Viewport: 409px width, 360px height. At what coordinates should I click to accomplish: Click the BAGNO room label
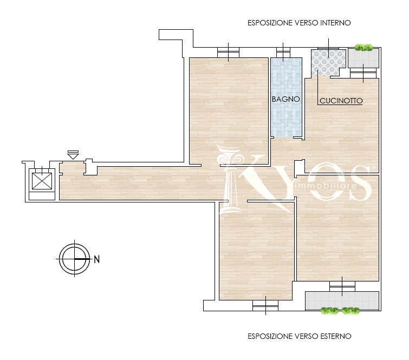285,99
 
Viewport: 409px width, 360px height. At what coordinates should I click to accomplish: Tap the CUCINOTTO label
341,101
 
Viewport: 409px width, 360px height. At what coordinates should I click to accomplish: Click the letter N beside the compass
97,260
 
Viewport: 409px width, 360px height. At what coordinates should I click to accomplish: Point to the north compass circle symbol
74,259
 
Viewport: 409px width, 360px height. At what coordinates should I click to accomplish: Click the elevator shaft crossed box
42,181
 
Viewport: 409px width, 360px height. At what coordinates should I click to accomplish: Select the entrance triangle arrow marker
73,156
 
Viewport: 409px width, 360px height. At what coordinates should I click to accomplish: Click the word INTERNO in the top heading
335,23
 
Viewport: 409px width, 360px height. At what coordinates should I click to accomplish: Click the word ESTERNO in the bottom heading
336,336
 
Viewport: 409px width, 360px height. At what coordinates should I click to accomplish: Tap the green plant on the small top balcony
363,48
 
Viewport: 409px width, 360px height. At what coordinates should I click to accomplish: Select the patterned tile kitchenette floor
328,63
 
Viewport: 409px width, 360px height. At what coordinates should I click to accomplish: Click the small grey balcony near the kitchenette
363,58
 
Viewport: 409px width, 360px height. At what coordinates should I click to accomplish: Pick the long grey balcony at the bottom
342,300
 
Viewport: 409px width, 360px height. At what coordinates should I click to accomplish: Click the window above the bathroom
283,53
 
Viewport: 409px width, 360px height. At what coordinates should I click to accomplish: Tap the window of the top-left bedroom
228,53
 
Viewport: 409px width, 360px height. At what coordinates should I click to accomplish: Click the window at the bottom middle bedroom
265,305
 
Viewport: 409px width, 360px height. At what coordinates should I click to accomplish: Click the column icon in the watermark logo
230,180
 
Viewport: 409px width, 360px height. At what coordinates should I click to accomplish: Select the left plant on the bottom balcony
330,311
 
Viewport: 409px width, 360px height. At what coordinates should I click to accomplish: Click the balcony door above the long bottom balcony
342,286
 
